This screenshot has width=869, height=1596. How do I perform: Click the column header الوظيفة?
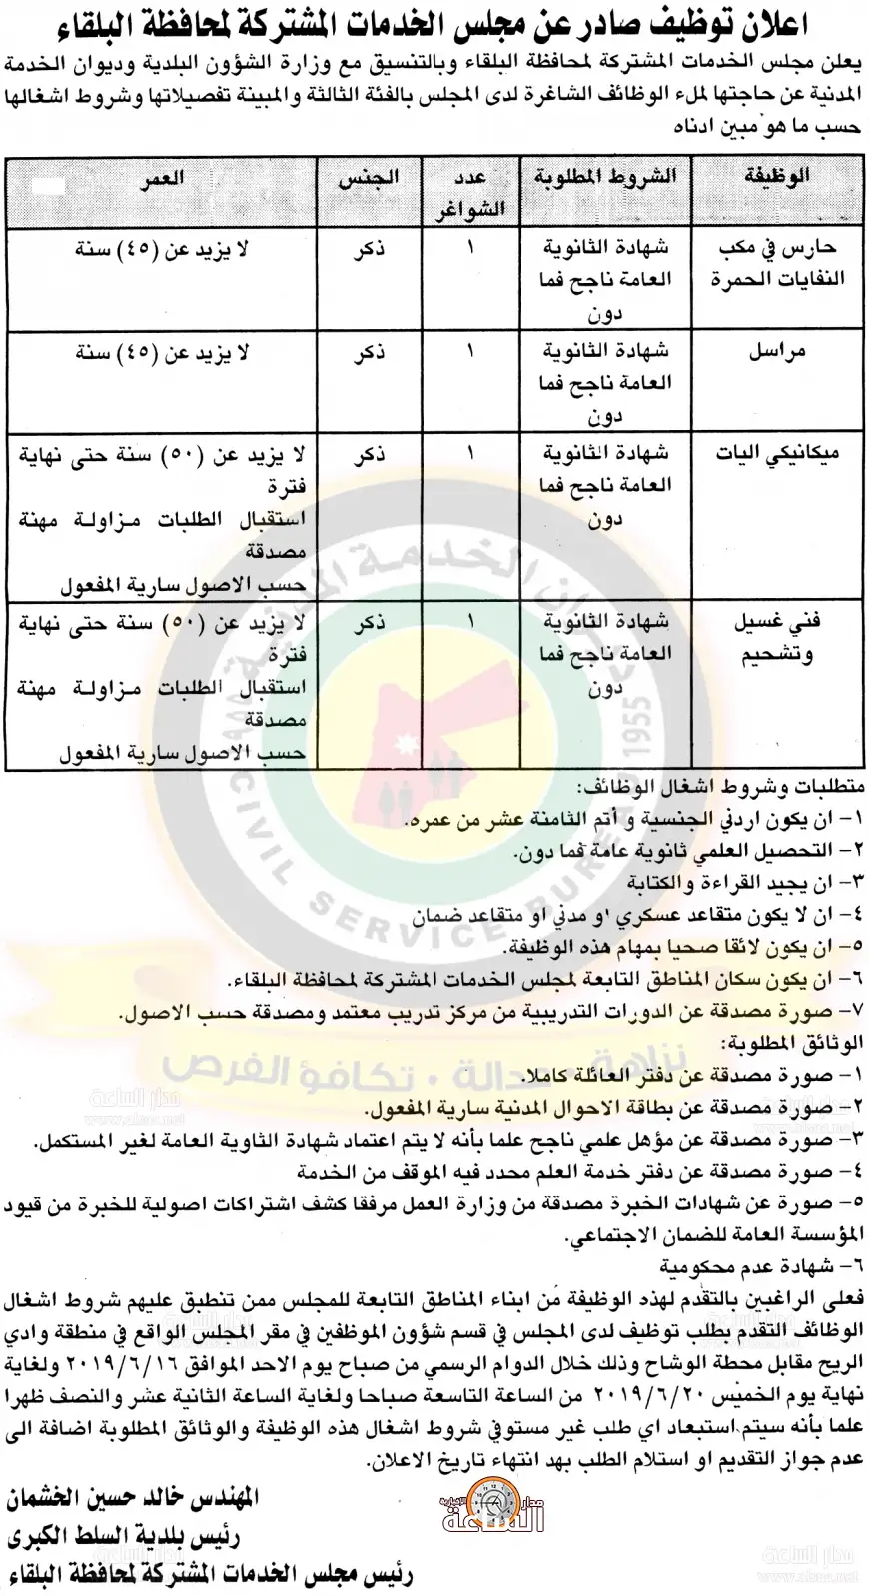tap(779, 176)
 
